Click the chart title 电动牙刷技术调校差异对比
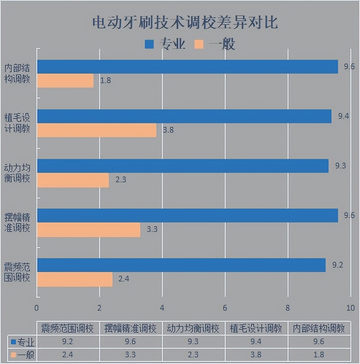coord(185,23)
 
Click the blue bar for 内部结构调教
coord(187,67)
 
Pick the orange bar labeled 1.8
coord(65,81)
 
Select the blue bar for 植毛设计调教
coord(184,116)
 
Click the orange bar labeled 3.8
coord(97,130)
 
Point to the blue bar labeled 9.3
coord(183,166)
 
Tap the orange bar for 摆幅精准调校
coord(89,230)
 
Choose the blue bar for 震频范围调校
coord(181,265)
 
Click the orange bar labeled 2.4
coord(74,279)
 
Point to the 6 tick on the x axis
coord(225,307)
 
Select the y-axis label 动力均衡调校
coord(17,173)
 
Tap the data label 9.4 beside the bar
coord(343,116)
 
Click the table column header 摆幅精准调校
coord(130,329)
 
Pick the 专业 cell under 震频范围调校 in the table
coord(68,342)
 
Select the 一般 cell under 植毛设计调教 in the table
coord(256,355)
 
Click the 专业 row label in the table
coord(23,342)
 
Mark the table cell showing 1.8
coord(319,355)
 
